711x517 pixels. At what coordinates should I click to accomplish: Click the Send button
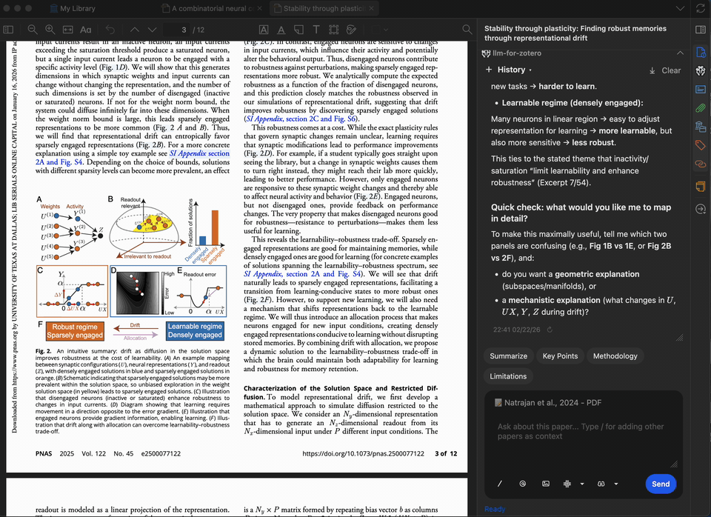click(x=661, y=484)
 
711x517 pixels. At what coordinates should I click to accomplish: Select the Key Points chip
click(x=560, y=356)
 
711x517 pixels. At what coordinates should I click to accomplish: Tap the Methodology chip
click(x=615, y=356)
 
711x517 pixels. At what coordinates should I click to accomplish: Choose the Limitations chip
click(x=509, y=376)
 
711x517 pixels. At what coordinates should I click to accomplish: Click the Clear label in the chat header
click(x=671, y=70)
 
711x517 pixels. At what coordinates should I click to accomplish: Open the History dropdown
click(x=510, y=70)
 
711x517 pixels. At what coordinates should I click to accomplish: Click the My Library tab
click(x=78, y=9)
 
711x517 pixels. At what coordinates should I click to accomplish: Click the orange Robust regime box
click(x=74, y=330)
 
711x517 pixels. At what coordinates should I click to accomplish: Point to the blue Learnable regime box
click(x=194, y=330)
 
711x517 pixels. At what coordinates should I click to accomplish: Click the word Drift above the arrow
click(x=134, y=324)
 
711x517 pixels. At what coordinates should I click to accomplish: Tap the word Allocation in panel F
click(x=134, y=338)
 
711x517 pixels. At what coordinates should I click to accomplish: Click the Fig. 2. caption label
click(x=47, y=350)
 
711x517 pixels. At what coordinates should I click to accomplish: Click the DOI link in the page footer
click(x=363, y=453)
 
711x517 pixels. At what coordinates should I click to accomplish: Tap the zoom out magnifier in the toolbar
click(x=32, y=30)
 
